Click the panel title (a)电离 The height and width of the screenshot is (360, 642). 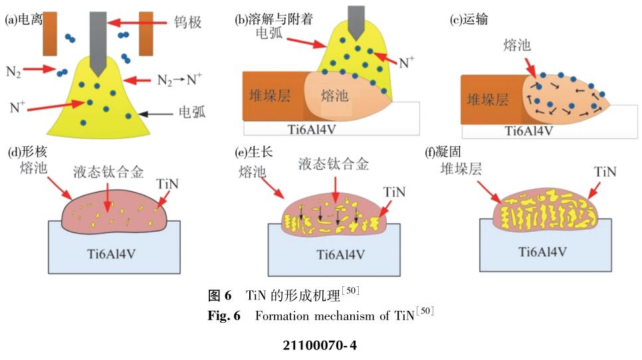click(x=24, y=20)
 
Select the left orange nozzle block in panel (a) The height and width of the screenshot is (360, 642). click(x=50, y=33)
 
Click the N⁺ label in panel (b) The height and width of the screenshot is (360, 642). click(x=406, y=63)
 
